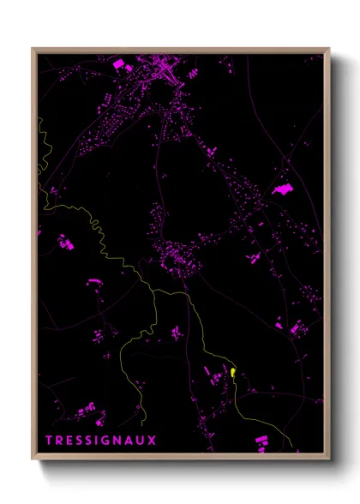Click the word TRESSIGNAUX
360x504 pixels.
click(101, 441)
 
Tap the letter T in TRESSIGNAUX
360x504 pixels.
click(50, 441)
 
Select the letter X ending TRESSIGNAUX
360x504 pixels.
click(153, 441)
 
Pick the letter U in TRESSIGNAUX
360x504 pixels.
click(141, 441)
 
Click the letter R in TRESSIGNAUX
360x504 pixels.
click(60, 441)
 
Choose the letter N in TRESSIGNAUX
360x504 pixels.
click(118, 441)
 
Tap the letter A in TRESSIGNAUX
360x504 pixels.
click(130, 441)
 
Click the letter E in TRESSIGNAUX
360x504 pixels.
click(70, 441)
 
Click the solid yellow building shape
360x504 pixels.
click(232, 373)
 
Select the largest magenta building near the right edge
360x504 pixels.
click(282, 189)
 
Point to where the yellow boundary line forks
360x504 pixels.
click(154, 291)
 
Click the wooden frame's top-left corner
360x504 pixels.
click(33, 49)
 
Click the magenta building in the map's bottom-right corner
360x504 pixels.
click(261, 441)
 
